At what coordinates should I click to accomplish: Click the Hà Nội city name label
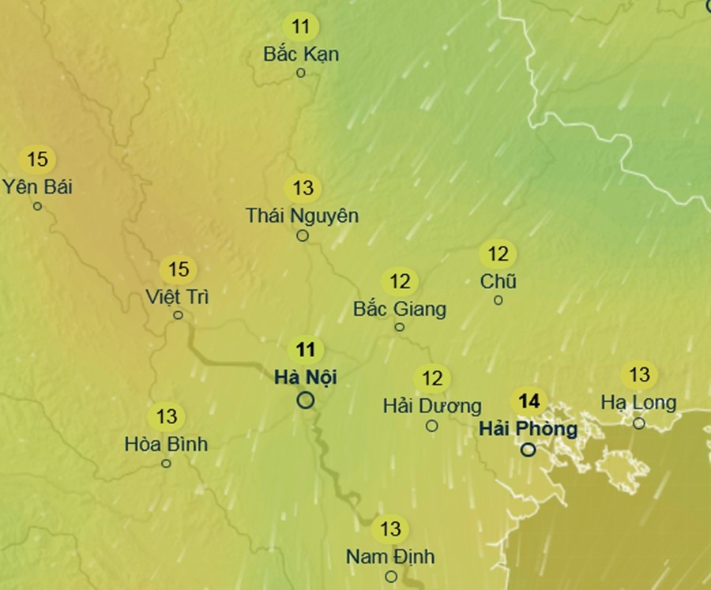click(306, 377)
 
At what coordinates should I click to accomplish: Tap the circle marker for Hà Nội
click(306, 400)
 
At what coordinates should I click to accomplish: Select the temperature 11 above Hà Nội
click(306, 349)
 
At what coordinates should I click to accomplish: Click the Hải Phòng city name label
click(529, 429)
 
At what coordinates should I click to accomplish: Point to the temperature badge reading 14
click(529, 401)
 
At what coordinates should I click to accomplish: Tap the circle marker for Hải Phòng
click(529, 450)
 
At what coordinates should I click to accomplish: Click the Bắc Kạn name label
click(301, 54)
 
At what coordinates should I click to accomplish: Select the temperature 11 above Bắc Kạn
click(301, 27)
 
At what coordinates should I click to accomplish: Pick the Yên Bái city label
click(37, 187)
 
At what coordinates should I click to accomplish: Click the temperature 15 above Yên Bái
click(37, 160)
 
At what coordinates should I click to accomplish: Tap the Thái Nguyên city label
click(303, 215)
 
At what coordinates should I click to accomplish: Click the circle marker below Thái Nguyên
click(303, 235)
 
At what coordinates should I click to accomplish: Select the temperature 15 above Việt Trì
click(179, 270)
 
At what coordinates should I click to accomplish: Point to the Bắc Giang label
click(400, 308)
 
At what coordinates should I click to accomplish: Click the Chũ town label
click(498, 281)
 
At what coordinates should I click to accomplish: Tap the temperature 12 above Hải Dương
click(432, 378)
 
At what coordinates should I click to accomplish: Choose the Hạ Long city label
click(638, 403)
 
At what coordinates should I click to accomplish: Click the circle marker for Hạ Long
click(639, 423)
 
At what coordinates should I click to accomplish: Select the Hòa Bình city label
click(166, 444)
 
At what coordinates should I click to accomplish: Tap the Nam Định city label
click(390, 556)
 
